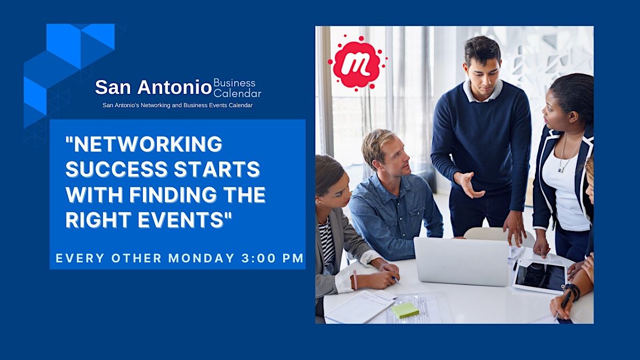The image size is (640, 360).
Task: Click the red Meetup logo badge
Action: (356, 63)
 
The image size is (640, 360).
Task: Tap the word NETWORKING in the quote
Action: (143, 143)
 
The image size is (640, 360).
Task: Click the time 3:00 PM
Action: (273, 258)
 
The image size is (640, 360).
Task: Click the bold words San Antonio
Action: (153, 87)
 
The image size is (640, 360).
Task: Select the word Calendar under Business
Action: (237, 94)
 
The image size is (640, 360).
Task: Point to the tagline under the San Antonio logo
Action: (178, 105)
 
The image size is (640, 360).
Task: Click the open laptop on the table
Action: (461, 261)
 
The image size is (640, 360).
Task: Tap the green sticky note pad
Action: (405, 310)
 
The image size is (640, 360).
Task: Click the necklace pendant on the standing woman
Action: (561, 170)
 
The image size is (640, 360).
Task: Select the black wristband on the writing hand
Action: (573, 291)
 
